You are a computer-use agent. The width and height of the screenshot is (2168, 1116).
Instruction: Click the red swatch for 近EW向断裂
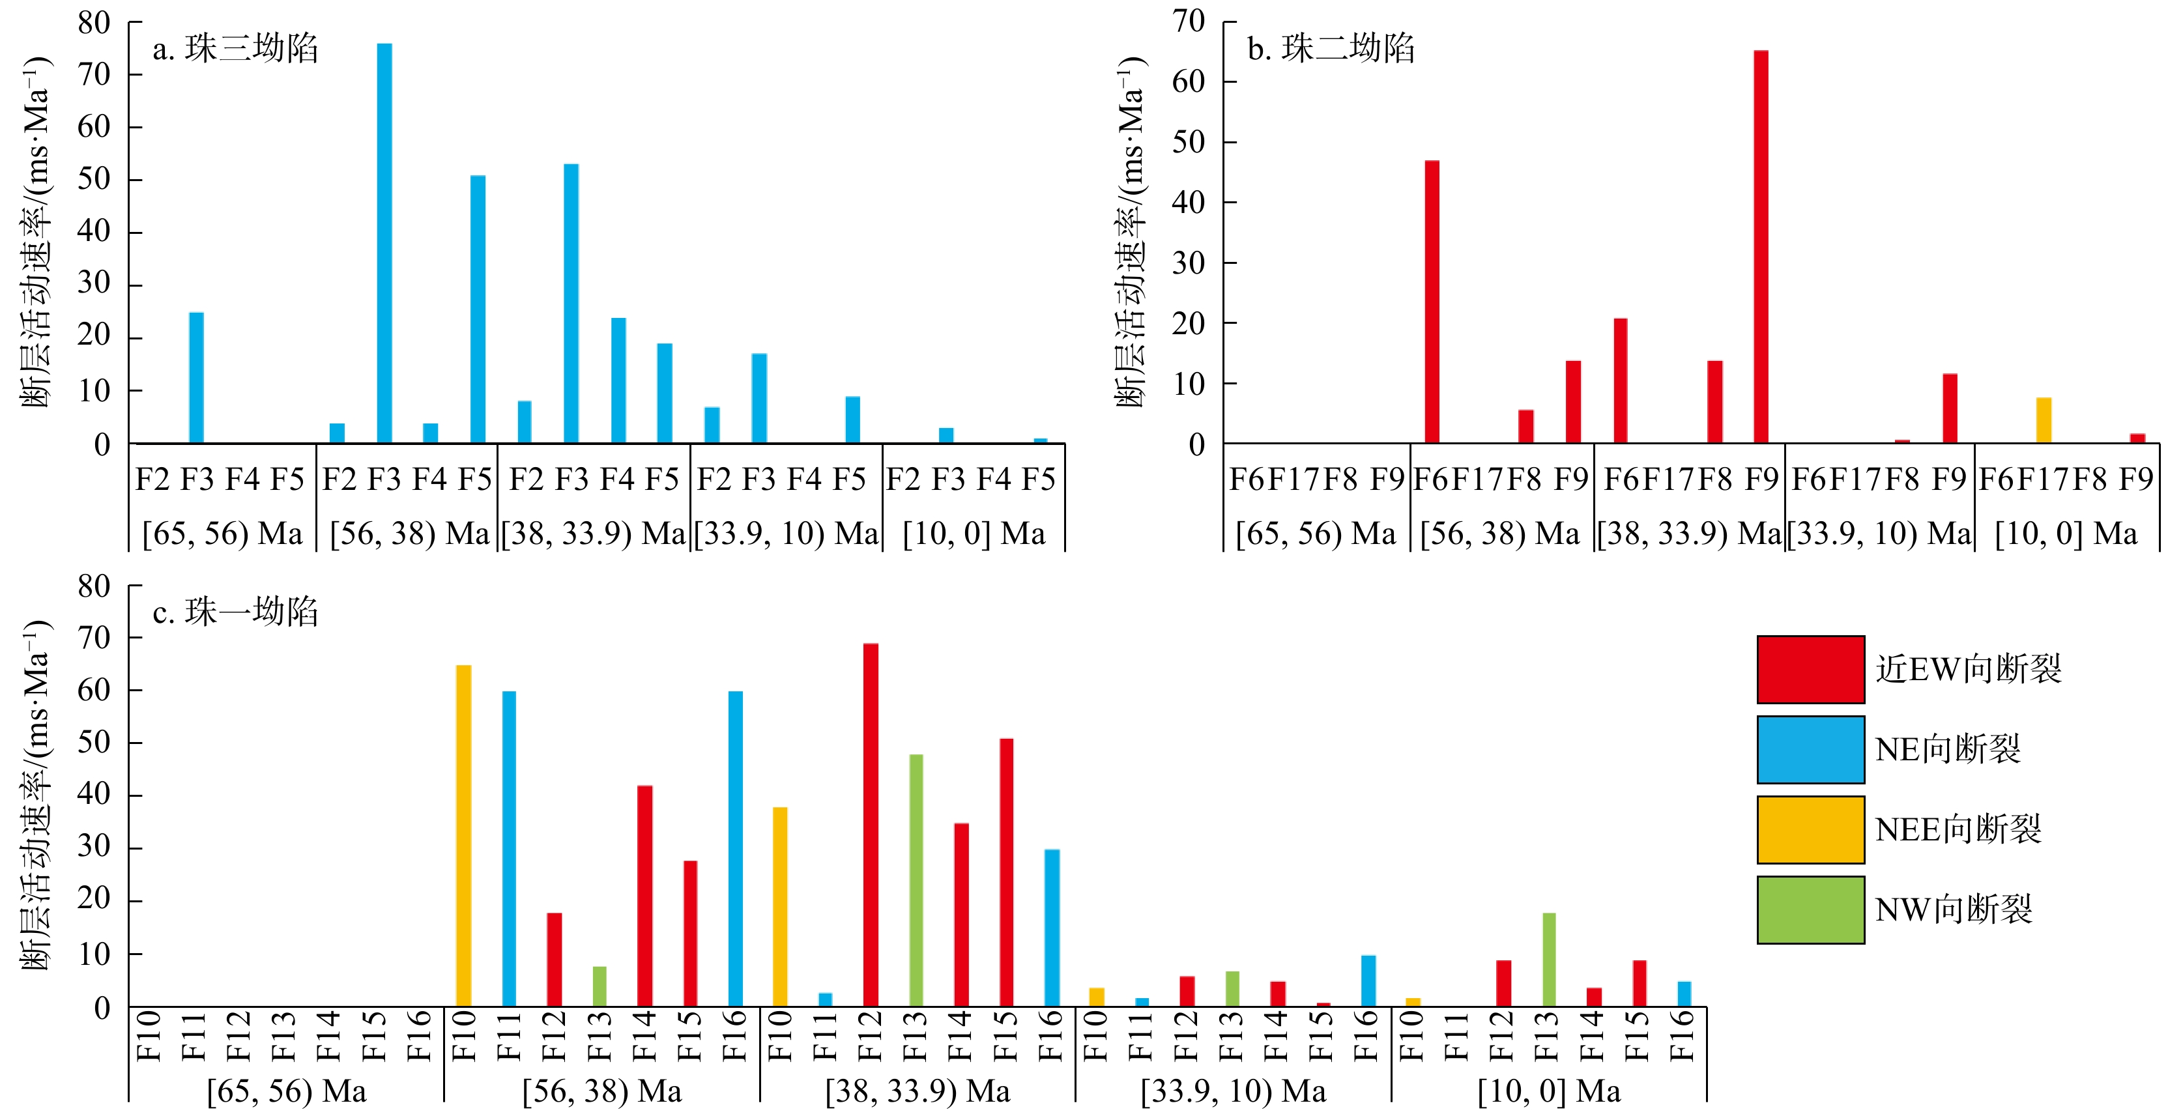1810,669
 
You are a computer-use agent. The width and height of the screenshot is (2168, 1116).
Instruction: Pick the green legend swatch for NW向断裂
1810,909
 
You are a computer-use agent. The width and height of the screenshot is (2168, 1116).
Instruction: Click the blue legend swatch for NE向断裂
1810,749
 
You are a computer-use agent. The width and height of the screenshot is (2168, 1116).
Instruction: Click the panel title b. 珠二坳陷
1331,49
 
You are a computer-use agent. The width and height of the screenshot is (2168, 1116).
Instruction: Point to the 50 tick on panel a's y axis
94,179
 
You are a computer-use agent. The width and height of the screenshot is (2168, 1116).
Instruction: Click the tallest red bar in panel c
870,824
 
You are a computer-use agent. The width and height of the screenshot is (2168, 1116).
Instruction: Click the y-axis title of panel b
1131,231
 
